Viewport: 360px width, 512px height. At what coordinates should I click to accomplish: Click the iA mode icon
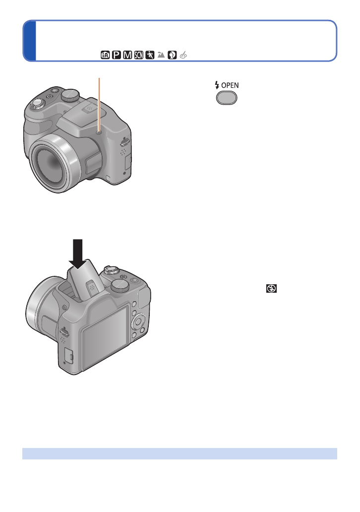point(105,55)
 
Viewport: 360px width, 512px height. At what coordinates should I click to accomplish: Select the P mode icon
point(116,55)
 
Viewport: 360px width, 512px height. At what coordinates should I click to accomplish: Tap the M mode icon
point(127,55)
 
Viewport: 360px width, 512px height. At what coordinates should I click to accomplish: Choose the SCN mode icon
point(138,55)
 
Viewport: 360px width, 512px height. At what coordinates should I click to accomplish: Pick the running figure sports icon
point(150,55)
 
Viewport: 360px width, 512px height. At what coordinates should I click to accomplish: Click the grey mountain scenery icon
point(161,55)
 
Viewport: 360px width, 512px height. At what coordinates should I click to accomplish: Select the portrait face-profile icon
point(172,55)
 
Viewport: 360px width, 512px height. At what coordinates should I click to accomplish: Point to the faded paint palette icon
point(183,55)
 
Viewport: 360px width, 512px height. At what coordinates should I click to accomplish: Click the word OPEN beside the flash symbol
point(230,85)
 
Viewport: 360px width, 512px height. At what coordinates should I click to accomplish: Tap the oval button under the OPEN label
point(227,98)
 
